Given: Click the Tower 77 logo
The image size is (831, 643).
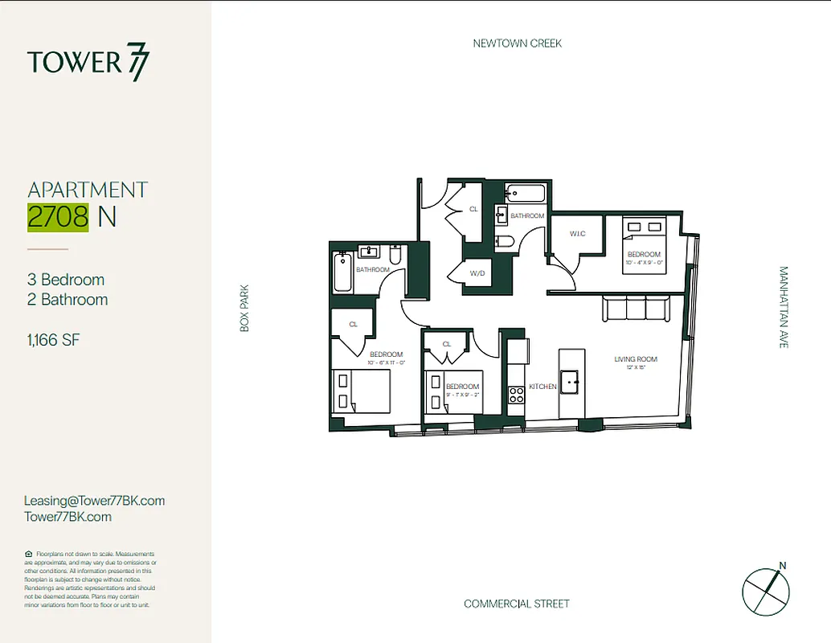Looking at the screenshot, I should click(88, 63).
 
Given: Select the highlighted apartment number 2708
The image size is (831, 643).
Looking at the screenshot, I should click(57, 217).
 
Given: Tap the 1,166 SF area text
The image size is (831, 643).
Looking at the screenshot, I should click(53, 340).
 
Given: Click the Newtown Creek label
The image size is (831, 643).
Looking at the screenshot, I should click(517, 43).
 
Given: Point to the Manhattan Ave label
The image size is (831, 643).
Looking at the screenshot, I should click(784, 307).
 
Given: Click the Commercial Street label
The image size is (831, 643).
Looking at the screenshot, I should click(516, 604).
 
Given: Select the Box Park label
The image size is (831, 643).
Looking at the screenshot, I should click(245, 308).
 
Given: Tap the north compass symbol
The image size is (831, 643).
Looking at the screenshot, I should click(766, 591).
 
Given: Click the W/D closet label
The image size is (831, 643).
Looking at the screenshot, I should click(477, 273).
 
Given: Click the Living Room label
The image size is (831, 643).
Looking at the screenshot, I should click(636, 359).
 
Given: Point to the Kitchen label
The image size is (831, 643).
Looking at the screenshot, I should click(542, 387).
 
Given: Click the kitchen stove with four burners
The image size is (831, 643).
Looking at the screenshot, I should click(516, 394).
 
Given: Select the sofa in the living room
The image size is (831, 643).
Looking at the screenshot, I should click(636, 308).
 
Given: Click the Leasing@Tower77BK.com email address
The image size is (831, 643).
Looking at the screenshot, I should click(94, 501).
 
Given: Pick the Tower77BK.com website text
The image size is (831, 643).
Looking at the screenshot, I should click(68, 517).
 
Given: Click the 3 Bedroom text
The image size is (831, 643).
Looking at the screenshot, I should click(66, 280).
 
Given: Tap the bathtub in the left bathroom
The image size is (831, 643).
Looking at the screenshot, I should click(342, 273).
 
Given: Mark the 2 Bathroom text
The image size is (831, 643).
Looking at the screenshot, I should click(68, 300).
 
